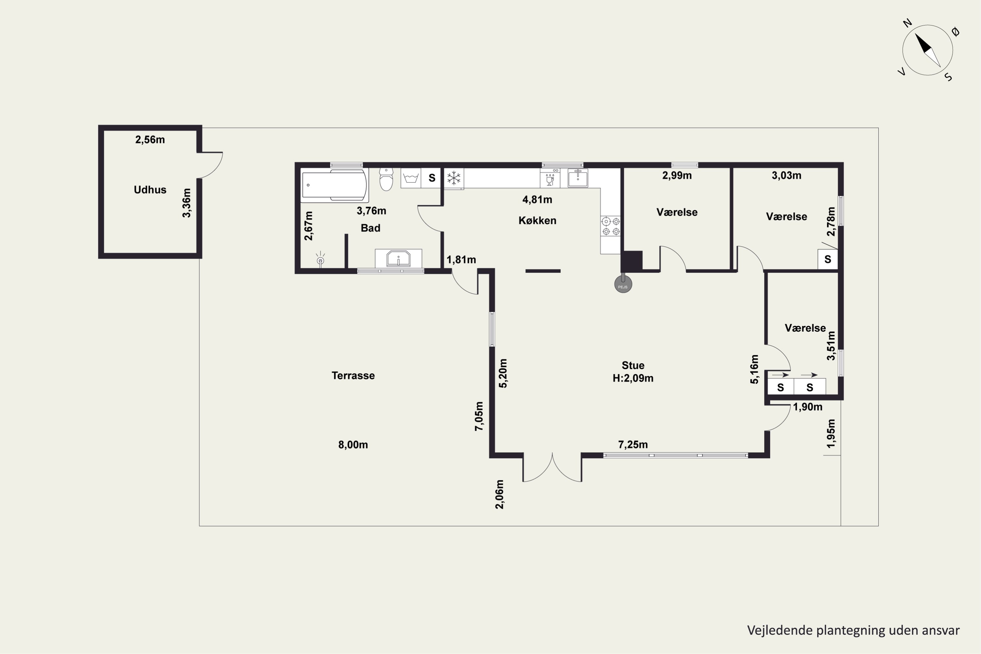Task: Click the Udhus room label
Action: click(150, 190)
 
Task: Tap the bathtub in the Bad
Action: click(335, 185)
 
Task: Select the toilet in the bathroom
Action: click(386, 179)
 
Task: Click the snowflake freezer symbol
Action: click(454, 178)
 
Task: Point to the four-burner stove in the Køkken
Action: click(611, 226)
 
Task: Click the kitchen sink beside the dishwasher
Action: click(578, 178)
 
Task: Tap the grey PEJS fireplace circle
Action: click(623, 284)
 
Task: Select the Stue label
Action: click(633, 365)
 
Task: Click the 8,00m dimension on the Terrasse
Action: click(353, 445)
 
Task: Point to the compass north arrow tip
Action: click(916, 34)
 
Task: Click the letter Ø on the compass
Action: click(955, 32)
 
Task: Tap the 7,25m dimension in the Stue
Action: click(633, 445)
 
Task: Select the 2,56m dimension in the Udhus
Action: click(150, 140)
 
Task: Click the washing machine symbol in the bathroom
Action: click(411, 178)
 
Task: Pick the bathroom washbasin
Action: click(398, 259)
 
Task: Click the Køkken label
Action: click(537, 221)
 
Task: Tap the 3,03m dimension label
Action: click(786, 176)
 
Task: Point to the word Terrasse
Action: click(353, 376)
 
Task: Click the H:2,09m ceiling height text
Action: click(633, 378)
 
